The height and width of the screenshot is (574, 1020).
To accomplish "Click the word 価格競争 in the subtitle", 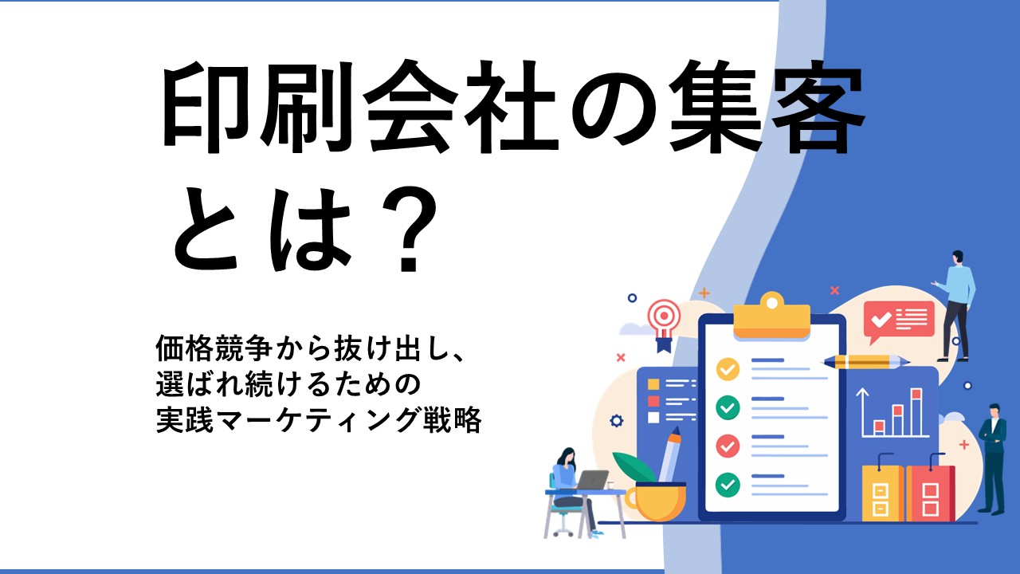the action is [x=214, y=349].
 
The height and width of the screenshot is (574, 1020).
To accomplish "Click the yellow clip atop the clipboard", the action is [x=772, y=316].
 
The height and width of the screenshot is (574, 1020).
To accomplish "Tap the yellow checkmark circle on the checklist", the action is [x=728, y=369].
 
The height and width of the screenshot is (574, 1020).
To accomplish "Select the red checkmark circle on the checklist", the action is [x=728, y=446].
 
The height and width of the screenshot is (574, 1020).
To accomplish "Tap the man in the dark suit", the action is [x=993, y=458].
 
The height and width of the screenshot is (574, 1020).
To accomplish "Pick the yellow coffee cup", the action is [x=656, y=501].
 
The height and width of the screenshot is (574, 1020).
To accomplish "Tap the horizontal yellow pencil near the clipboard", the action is [x=866, y=362].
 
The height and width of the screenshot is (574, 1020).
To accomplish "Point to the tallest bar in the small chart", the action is [x=916, y=412].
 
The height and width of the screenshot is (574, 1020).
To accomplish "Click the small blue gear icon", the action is [x=616, y=420].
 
